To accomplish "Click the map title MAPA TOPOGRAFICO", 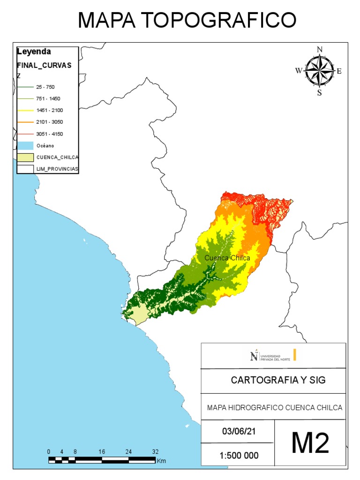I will [x=187, y=20].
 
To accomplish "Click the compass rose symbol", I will [x=319, y=71].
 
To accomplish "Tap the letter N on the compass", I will [x=320, y=49].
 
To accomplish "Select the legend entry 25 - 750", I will [x=45, y=87].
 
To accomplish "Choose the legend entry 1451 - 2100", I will [x=49, y=110].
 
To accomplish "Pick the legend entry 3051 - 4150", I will [x=49, y=134].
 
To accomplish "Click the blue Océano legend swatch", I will [x=25, y=145].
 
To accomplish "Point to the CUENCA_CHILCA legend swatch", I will [x=25, y=157].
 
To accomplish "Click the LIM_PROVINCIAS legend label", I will [x=57, y=168].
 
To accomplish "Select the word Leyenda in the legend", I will [x=34, y=52].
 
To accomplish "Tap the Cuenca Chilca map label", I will [x=227, y=258].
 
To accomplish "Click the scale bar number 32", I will [x=155, y=451].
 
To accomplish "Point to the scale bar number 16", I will [x=102, y=451].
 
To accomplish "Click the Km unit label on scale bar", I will [x=162, y=461].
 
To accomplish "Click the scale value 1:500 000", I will [x=239, y=455].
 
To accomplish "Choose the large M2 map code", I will [x=310, y=443].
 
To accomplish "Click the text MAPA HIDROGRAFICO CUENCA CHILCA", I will [x=275, y=407].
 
